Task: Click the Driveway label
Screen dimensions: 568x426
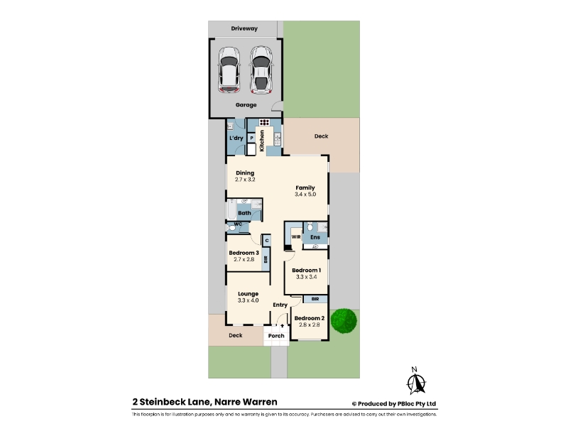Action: click(244, 28)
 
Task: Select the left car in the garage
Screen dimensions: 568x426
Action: click(229, 70)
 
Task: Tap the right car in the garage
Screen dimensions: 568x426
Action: click(261, 70)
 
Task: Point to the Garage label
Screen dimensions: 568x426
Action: click(246, 104)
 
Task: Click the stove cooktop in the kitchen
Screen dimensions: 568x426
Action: click(264, 122)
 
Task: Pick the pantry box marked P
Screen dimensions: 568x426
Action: click(251, 138)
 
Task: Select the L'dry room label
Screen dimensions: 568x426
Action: click(236, 138)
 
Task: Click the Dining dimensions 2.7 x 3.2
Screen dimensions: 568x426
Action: click(245, 180)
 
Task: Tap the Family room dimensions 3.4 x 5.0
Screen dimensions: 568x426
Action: click(305, 194)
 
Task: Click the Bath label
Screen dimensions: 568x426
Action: click(244, 213)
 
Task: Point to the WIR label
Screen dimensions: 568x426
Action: click(296, 237)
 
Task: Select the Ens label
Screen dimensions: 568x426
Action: click(315, 237)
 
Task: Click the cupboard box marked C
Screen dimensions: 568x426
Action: click(267, 240)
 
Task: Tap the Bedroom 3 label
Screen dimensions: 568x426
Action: click(244, 253)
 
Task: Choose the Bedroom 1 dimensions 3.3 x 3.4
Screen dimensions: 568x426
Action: click(307, 277)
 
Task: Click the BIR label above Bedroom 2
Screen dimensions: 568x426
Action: click(315, 299)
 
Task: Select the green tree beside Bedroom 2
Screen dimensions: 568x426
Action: click(344, 321)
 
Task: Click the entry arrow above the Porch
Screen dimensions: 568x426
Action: click(282, 326)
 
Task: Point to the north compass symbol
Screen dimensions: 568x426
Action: click(415, 381)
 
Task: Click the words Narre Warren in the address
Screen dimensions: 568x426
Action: click(246, 402)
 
